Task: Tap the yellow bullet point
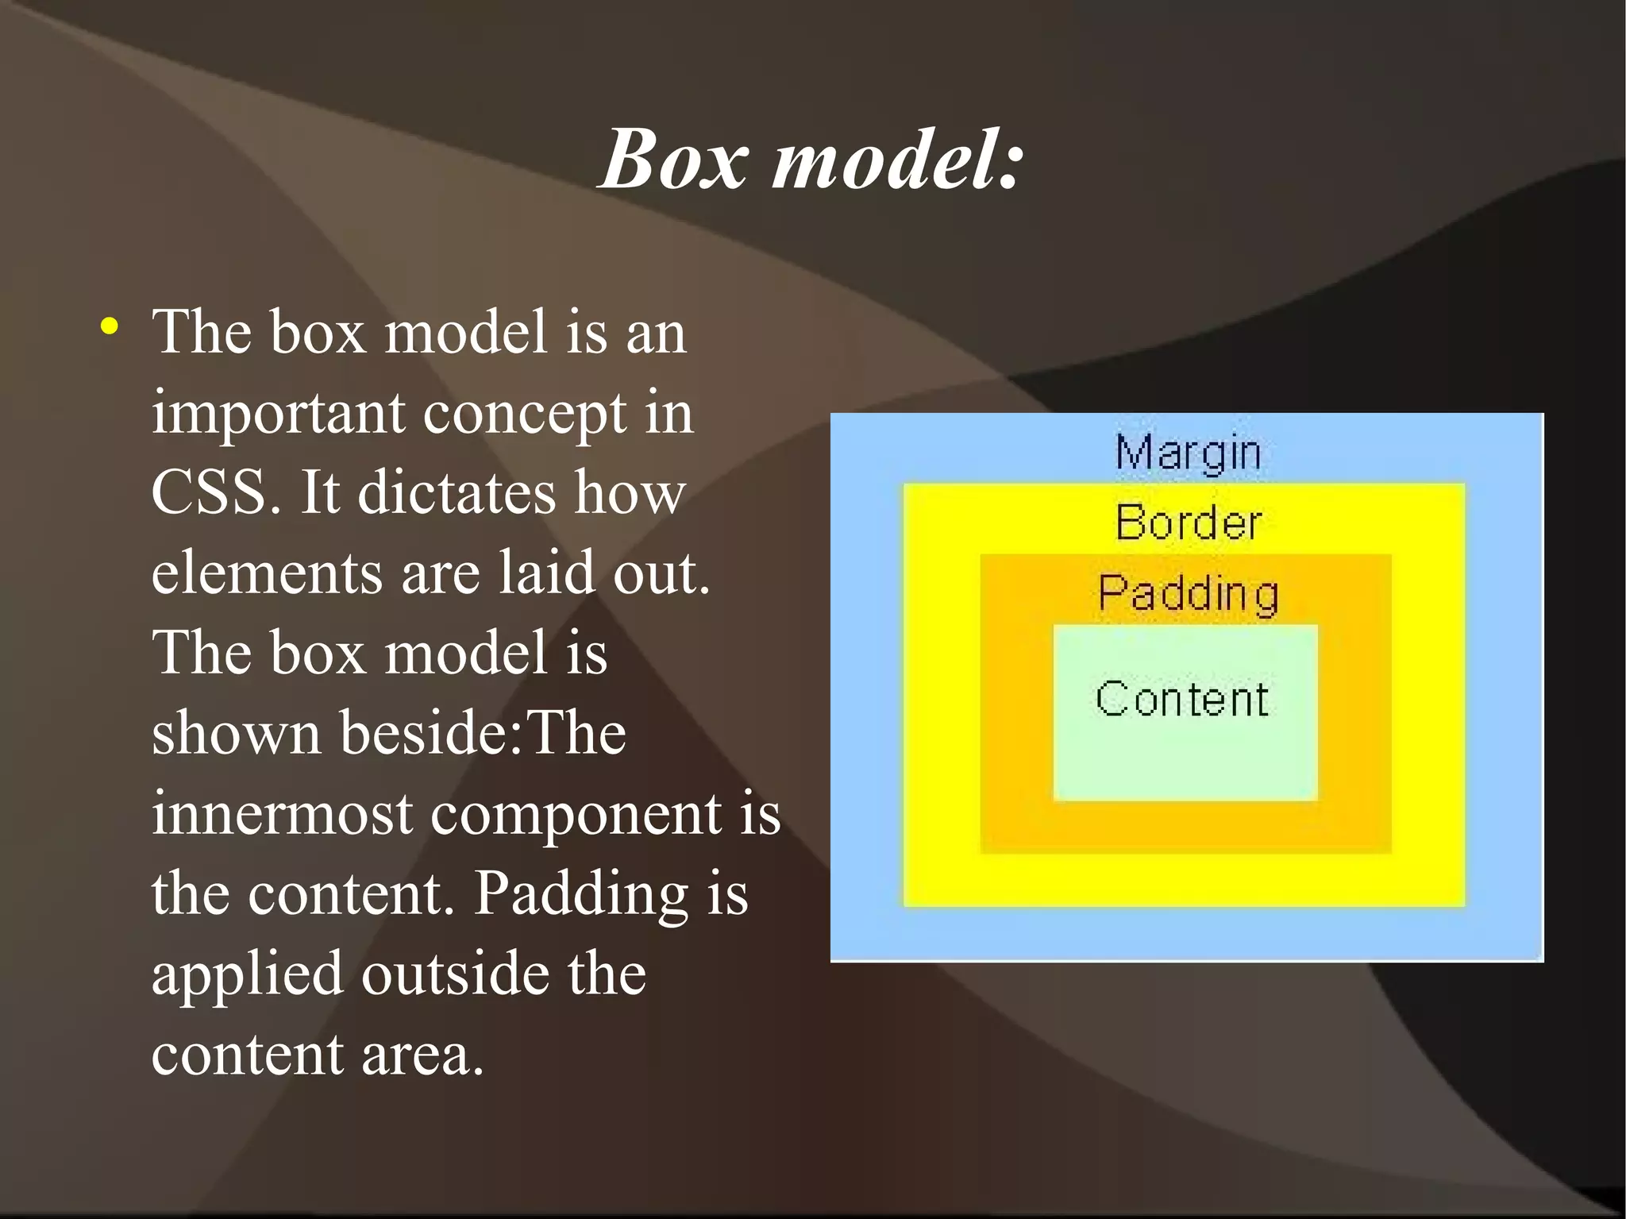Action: point(110,326)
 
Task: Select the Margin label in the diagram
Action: point(1188,453)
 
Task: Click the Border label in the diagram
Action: point(1188,523)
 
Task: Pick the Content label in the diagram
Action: point(1182,699)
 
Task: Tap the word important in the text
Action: point(278,415)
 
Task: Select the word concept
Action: point(524,415)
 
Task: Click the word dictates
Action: point(456,492)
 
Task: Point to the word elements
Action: point(267,573)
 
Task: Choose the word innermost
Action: point(282,815)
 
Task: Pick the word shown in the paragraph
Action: point(236,733)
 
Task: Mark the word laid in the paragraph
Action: point(546,572)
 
